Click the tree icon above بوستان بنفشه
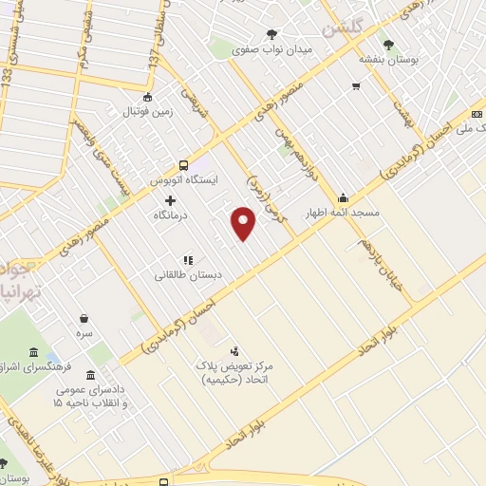[386, 44]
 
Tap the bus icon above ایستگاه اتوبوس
[183, 163]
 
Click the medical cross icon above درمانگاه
[171, 200]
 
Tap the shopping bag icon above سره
[85, 319]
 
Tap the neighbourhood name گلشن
[343, 29]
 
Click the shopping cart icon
[356, 86]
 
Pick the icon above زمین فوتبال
[147, 97]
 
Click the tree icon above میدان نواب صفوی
[273, 33]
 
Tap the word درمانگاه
[171, 215]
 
